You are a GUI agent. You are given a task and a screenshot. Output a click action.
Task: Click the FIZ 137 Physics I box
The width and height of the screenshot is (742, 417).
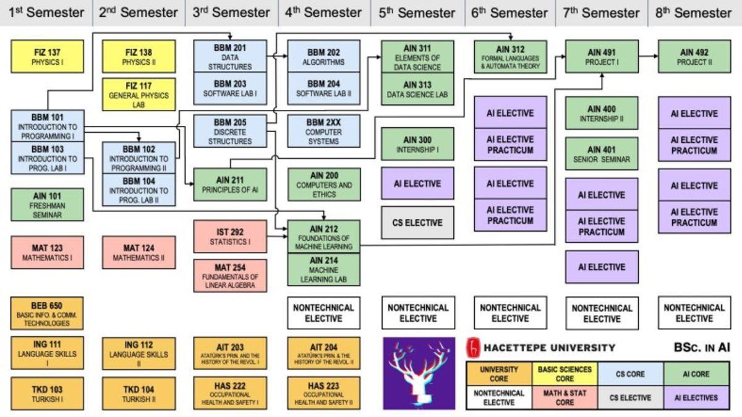[48, 56]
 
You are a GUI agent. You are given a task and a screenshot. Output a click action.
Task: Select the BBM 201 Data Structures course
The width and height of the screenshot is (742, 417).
[230, 56]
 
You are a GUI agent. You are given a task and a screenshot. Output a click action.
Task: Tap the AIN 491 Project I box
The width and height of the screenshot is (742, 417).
[602, 56]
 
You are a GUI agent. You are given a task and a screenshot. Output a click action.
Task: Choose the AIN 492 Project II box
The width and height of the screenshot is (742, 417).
[694, 56]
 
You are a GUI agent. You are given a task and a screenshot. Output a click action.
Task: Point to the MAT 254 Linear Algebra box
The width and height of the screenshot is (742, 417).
[230, 276]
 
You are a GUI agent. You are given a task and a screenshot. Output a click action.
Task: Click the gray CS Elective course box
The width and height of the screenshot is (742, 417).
[417, 222]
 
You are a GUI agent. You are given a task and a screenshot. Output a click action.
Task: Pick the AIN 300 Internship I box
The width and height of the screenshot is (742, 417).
[417, 144]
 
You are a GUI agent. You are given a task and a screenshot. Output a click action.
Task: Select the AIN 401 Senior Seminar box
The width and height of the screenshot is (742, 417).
[602, 153]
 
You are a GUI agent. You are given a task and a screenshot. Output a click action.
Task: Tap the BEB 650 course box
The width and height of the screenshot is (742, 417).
[48, 313]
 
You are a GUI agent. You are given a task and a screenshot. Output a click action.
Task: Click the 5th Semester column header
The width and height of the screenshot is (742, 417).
[417, 12]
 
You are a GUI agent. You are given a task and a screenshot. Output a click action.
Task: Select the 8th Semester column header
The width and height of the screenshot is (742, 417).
[694, 12]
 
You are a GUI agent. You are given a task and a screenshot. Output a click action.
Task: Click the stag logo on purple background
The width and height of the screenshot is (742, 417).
[419, 373]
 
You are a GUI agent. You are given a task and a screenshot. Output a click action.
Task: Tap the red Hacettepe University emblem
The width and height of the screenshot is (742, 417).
[474, 347]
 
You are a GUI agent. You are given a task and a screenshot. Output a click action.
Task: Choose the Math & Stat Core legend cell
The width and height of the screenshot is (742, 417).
[565, 397]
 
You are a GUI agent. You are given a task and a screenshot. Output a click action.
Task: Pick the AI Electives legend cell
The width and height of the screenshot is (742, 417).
[696, 397]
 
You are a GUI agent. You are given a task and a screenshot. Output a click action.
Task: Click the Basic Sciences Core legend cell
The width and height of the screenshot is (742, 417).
[565, 374]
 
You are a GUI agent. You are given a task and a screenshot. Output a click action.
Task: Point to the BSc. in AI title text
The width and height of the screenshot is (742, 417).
[701, 347]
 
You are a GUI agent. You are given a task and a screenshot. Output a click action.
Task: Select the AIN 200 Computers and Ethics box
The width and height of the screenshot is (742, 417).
[324, 185]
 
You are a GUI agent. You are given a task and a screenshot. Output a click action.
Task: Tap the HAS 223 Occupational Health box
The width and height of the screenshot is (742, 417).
[324, 393]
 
